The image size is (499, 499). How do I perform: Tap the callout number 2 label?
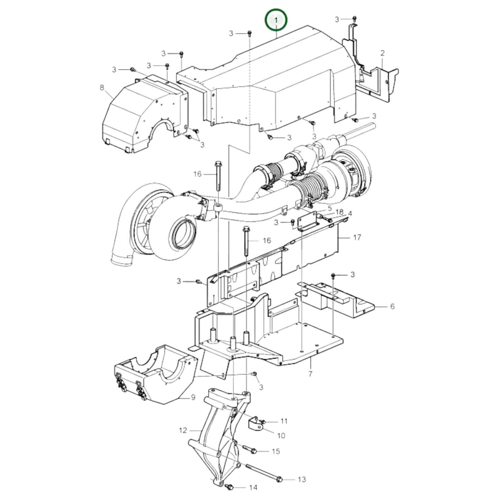click(382, 53)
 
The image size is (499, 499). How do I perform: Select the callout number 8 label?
click(102, 88)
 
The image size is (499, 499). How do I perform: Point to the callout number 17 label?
click(357, 237)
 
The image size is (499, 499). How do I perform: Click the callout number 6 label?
click(392, 306)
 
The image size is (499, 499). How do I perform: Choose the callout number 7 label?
click(310, 374)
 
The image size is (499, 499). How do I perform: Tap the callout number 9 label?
click(193, 397)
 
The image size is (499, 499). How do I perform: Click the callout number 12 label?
click(183, 430)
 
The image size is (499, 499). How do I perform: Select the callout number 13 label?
click(301, 479)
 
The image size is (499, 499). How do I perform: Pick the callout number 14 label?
click(253, 487)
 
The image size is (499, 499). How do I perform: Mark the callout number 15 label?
click(276, 451)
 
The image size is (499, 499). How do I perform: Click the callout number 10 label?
click(281, 435)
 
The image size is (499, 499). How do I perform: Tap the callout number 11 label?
click(284, 421)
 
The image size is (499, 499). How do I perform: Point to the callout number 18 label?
click(339, 212)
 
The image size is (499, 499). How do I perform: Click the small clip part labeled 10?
click(255, 424)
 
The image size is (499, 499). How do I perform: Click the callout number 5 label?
click(329, 208)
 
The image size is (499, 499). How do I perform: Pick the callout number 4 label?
click(350, 214)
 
